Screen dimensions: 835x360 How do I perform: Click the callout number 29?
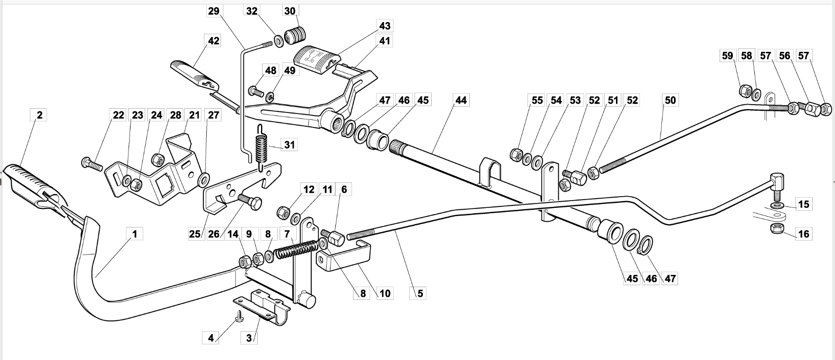pyautogui.click(x=214, y=11)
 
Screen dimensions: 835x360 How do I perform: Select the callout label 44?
pyautogui.click(x=461, y=100)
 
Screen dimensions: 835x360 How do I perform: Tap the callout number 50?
pyautogui.click(x=670, y=100)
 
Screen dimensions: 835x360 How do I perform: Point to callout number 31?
pyautogui.click(x=289, y=145)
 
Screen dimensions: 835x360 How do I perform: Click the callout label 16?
pyautogui.click(x=804, y=234)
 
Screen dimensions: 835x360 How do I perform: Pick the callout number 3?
pyautogui.click(x=249, y=338)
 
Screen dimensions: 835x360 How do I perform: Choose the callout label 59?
pyautogui.click(x=727, y=56)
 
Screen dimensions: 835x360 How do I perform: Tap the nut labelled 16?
pyautogui.click(x=776, y=229)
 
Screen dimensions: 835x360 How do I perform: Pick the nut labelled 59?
pyautogui.click(x=745, y=90)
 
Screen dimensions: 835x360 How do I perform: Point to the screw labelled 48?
pyautogui.click(x=256, y=91)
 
